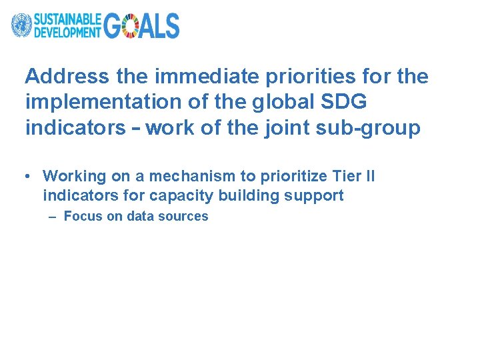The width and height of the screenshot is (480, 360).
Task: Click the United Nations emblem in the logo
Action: tap(21, 25)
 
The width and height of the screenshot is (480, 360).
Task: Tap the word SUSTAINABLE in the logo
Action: tap(68, 19)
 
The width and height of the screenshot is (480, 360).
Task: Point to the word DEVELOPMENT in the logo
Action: tap(68, 31)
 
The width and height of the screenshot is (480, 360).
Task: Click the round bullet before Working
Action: tap(24, 177)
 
